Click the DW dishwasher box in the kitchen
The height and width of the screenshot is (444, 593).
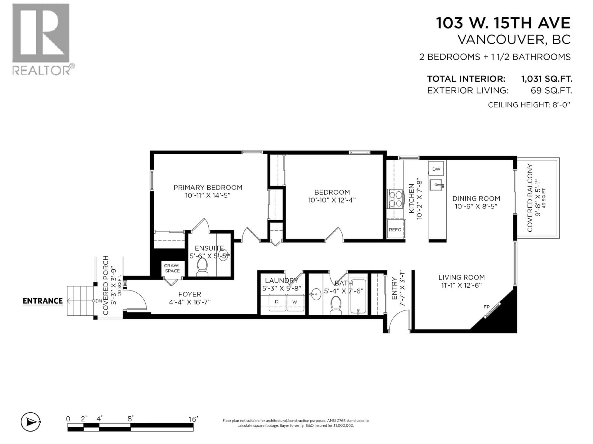coord(436,169)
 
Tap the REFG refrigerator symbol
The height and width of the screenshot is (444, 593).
coord(395,229)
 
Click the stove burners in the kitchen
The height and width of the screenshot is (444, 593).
coord(395,198)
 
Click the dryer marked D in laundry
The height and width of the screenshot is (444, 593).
coord(277,302)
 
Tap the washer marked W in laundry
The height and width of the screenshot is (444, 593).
coord(295,302)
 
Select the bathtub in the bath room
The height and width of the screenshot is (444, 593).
coord(358,297)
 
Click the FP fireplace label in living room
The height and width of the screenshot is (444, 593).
coord(487,307)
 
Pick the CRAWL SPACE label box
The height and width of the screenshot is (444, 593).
coord(172,268)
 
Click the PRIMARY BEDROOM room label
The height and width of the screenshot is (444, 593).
coord(208,188)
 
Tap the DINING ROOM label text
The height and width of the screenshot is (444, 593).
coord(476,199)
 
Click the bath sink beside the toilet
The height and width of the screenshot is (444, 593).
coord(316,294)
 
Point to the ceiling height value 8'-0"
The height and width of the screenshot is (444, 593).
coord(561,105)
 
